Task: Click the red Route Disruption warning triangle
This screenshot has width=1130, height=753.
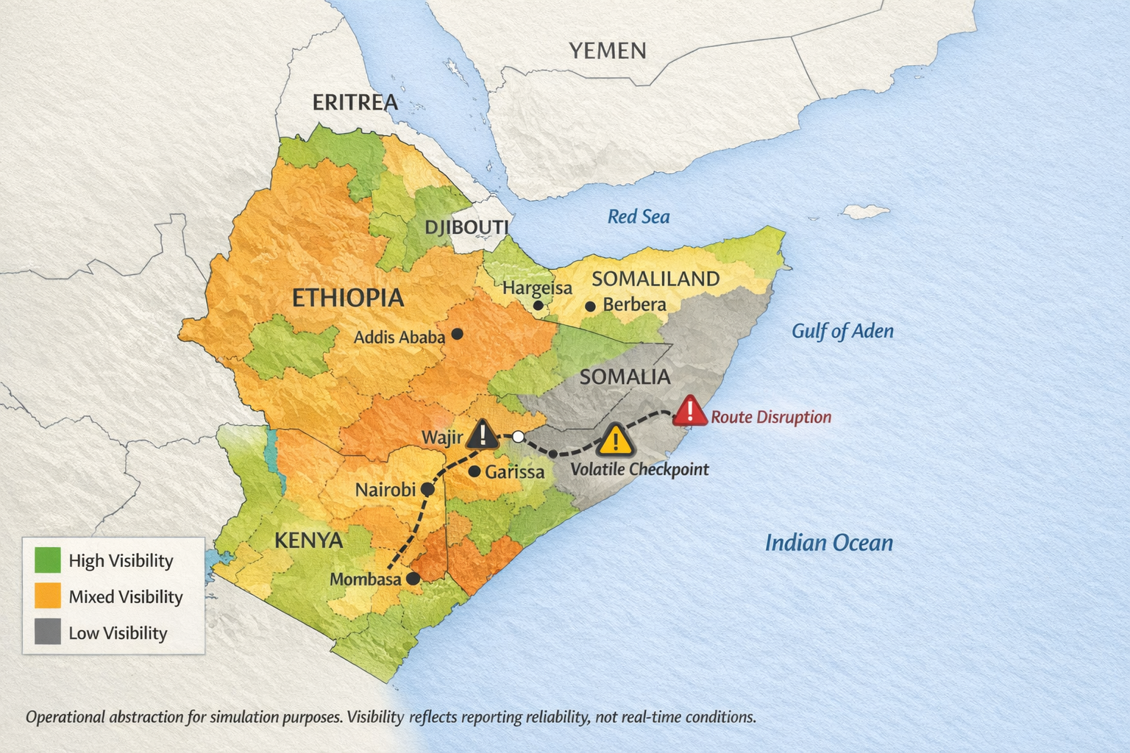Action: click(689, 412)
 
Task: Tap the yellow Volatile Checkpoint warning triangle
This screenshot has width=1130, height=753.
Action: click(616, 440)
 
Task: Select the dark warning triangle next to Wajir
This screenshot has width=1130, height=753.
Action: click(483, 435)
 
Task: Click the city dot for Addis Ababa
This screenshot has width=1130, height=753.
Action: click(457, 334)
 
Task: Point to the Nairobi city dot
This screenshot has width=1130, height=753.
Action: click(427, 488)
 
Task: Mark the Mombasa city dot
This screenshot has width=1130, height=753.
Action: click(413, 579)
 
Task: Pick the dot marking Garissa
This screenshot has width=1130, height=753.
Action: click(475, 471)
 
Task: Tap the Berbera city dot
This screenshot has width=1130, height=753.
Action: click(590, 306)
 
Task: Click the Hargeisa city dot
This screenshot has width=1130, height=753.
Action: click(538, 305)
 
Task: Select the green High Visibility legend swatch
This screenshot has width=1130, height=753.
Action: click(48, 560)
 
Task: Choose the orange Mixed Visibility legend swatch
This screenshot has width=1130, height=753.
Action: click(48, 596)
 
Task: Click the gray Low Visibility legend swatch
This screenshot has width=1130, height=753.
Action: click(48, 632)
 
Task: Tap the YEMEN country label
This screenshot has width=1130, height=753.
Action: click(608, 51)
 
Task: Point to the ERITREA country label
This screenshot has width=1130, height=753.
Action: click(355, 102)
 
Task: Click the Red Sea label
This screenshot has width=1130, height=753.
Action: click(639, 217)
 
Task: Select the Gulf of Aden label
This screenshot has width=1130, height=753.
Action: click(842, 331)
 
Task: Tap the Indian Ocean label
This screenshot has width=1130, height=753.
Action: click(829, 543)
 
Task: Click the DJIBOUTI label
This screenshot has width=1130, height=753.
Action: click(466, 227)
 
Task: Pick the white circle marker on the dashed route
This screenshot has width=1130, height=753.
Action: click(518, 437)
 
